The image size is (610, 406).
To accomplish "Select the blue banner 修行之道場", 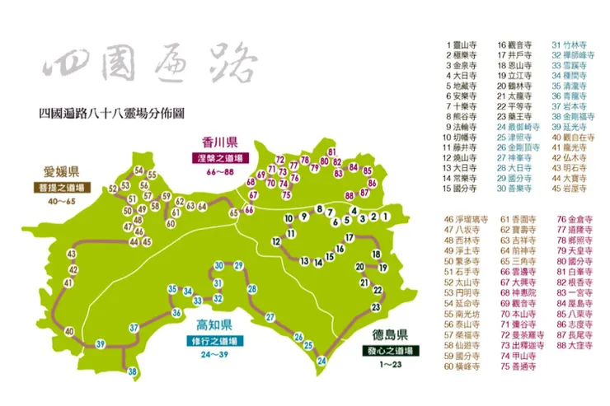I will point(213,339).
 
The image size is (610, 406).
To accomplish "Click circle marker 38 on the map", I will point(133,372).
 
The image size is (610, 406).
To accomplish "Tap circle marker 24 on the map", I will point(322,360).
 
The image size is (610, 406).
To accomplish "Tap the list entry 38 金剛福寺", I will point(570,118).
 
